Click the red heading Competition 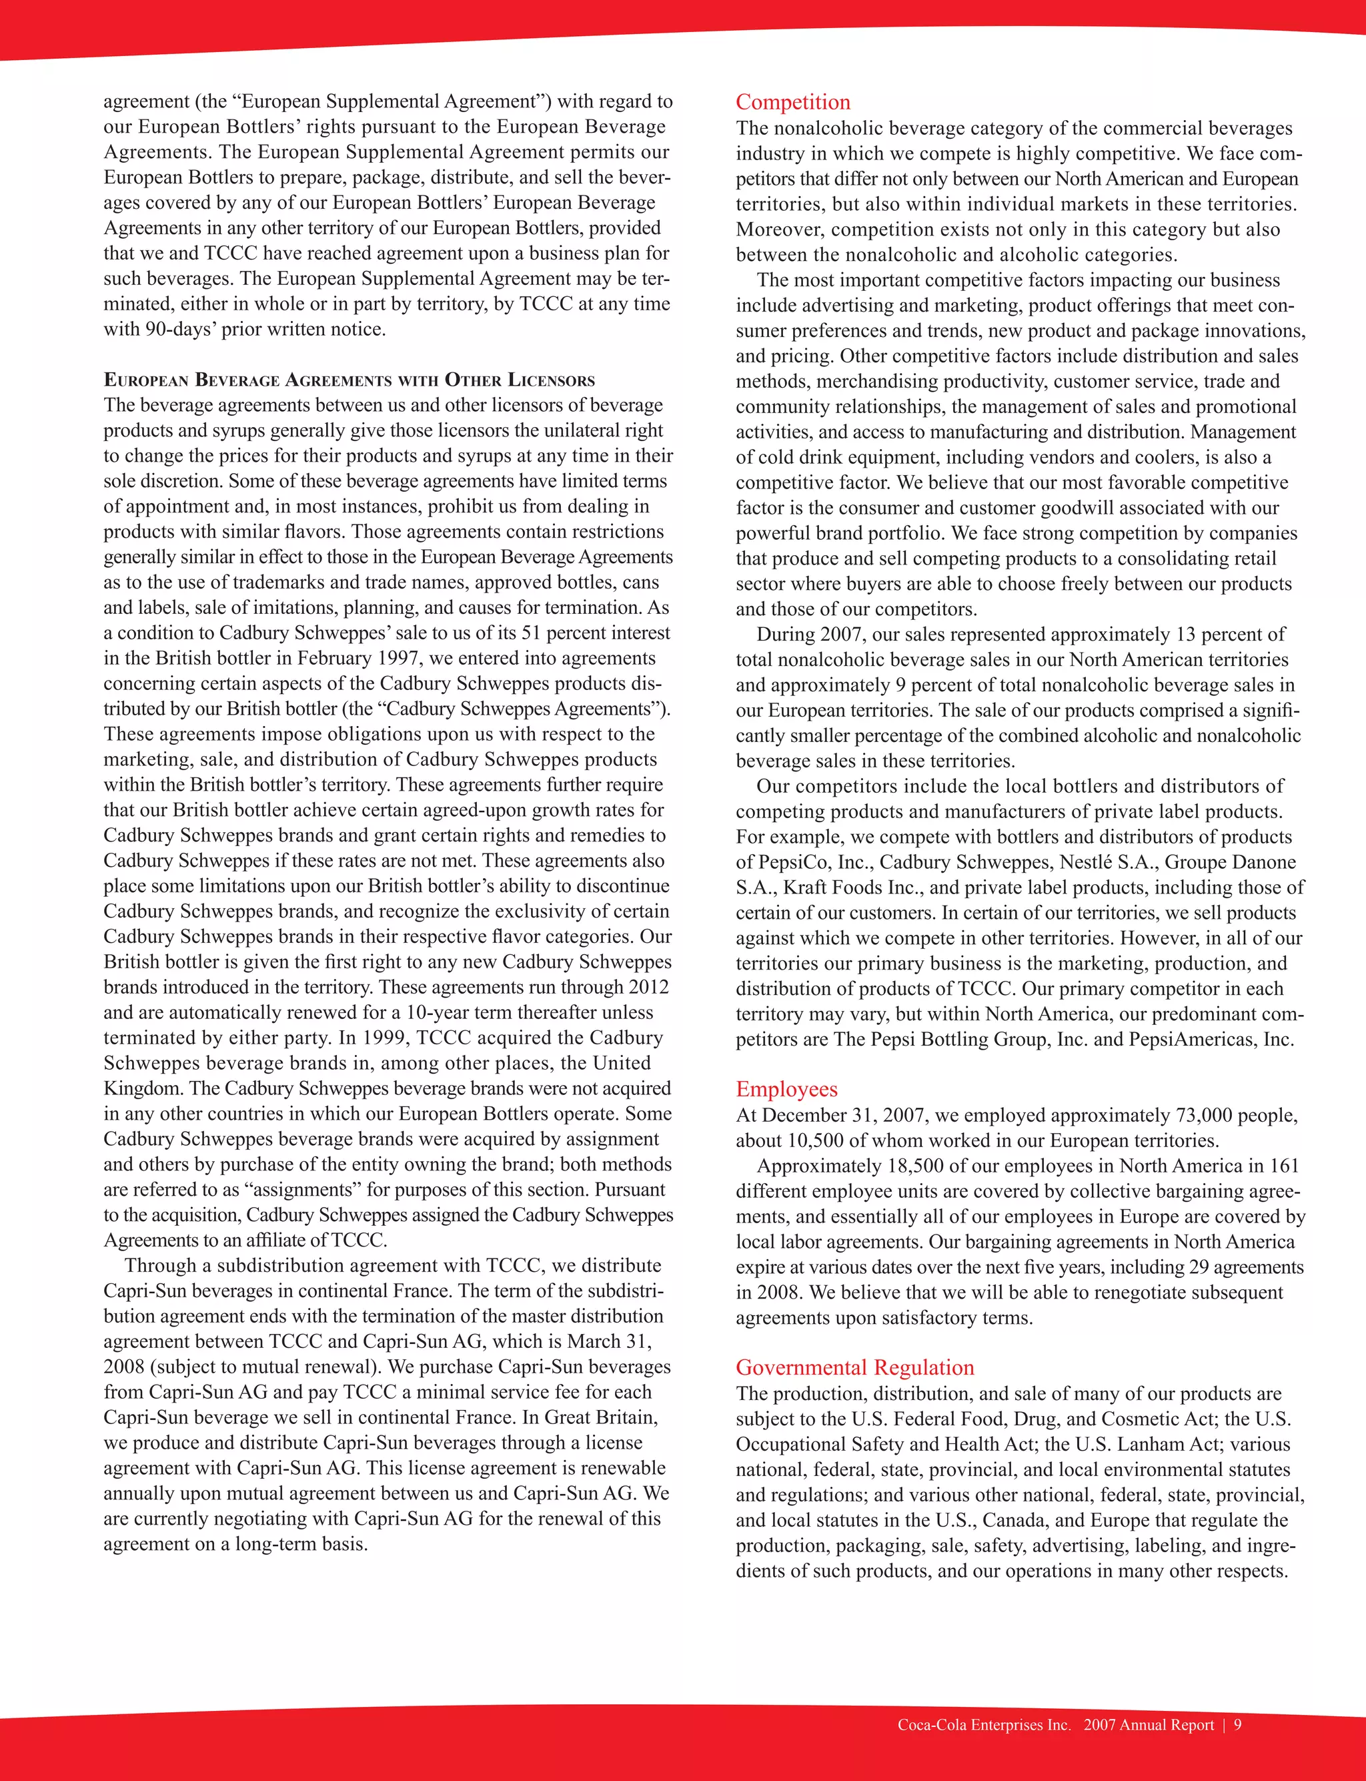793,103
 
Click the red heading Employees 786,1089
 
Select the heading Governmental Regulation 854,1367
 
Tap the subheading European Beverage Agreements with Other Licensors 349,380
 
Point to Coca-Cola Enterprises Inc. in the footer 984,1725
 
